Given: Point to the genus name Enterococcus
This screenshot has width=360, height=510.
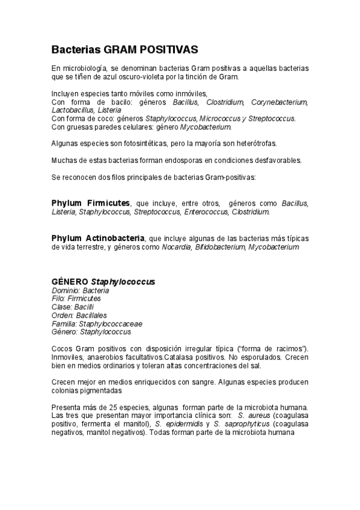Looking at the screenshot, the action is (x=206, y=212).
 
